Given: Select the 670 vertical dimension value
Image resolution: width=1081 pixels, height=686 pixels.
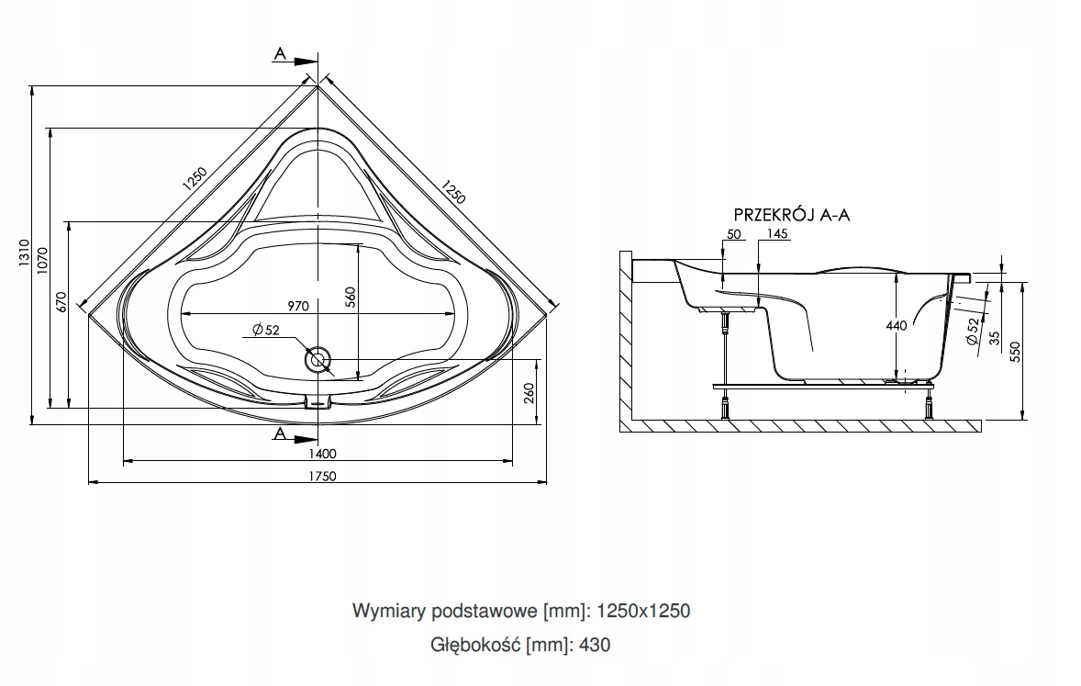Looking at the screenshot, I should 61,304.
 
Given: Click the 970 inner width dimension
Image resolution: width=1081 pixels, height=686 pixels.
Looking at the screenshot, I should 295,306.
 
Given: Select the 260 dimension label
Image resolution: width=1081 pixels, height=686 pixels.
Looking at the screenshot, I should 529,393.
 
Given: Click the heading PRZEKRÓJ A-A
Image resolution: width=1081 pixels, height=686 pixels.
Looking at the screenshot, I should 792,215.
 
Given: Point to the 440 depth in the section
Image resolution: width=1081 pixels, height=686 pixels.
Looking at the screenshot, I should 897,325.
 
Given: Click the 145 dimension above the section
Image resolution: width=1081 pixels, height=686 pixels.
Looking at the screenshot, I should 776,234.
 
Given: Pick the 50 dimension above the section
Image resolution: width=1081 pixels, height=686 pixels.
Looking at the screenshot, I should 733,234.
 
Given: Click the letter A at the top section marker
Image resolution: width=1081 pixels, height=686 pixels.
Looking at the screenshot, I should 279,54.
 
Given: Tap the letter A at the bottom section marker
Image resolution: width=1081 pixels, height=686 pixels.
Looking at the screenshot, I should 279,433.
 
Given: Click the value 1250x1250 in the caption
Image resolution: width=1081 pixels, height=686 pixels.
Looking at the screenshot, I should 643,611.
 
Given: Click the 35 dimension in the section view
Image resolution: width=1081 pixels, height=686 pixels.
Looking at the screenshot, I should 994,337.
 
